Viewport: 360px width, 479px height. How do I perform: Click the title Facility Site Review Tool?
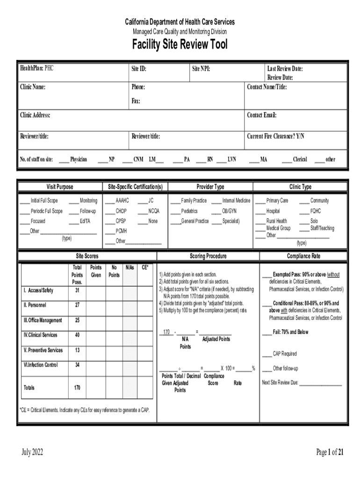[x=180, y=45]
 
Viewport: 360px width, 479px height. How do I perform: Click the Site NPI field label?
[x=201, y=69]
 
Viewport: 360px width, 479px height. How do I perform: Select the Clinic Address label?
[x=35, y=115]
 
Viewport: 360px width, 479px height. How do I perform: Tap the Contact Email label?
[x=262, y=115]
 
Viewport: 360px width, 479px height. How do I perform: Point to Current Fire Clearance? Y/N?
[x=275, y=137]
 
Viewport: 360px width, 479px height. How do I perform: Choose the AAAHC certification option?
[x=122, y=201]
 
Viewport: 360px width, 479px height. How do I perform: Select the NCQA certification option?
[x=153, y=211]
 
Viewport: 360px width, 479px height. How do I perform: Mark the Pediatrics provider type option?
[x=189, y=211]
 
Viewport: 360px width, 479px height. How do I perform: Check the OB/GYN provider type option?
[x=229, y=211]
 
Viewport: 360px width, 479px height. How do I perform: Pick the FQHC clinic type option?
[x=316, y=211]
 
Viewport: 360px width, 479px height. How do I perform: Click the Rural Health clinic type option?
[x=276, y=221]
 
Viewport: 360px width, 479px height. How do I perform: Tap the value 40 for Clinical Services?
[x=77, y=335]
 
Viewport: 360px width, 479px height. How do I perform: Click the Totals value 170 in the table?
[x=77, y=388]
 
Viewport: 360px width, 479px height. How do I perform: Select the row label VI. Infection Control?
[x=41, y=365]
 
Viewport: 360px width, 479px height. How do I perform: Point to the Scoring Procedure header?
[x=208, y=256]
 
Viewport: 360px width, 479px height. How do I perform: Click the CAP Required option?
[x=285, y=354]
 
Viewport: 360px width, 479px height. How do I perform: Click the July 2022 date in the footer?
[x=32, y=452]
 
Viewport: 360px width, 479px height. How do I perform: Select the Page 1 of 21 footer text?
[x=330, y=452]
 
